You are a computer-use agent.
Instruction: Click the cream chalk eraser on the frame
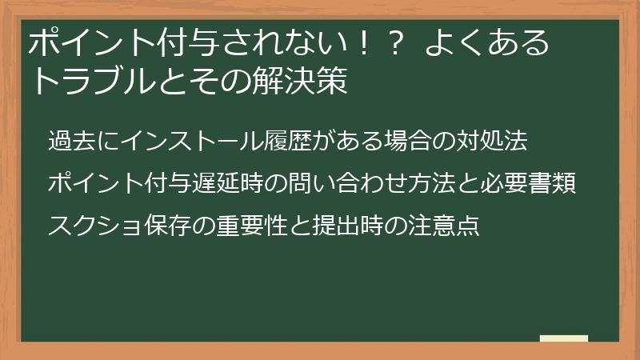(x=563, y=338)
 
